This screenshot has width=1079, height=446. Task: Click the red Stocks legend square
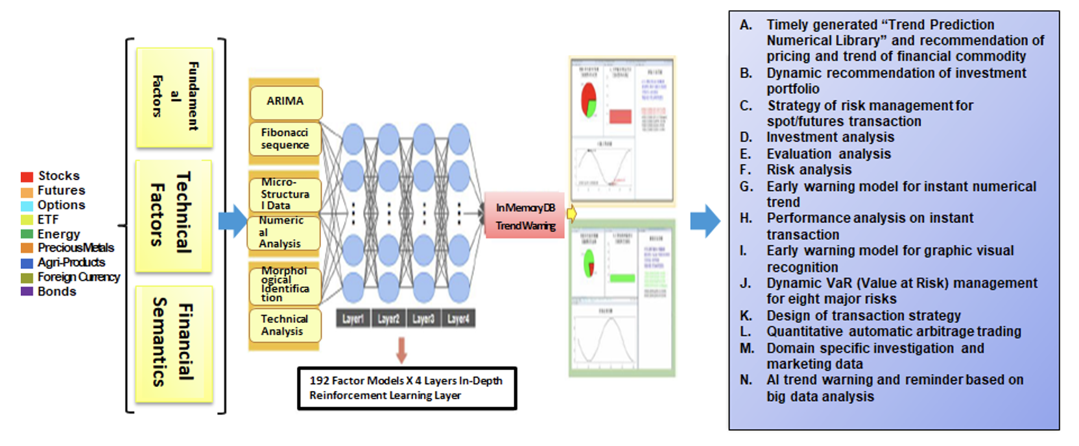click(27, 176)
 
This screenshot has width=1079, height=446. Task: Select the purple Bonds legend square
click(27, 292)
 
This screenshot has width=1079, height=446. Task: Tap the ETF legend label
click(48, 220)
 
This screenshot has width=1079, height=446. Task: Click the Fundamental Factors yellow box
click(174, 97)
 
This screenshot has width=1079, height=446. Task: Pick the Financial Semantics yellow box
click(174, 344)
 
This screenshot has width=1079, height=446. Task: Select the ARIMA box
click(285, 102)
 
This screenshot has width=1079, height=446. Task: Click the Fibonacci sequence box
click(285, 139)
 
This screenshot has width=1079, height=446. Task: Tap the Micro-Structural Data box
click(285, 194)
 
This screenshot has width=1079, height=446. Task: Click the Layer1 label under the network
click(353, 319)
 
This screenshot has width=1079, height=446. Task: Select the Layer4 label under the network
click(458, 319)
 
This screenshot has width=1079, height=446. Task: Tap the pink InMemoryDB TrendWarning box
click(525, 216)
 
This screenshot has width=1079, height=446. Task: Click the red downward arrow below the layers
click(401, 351)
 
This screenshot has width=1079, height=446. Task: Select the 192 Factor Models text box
click(407, 388)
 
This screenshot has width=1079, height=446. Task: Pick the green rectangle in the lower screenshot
click(622, 278)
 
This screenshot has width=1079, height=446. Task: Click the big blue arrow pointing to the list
click(705, 221)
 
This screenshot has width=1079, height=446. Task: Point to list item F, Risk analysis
click(809, 170)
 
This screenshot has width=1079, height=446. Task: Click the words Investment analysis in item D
click(830, 137)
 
